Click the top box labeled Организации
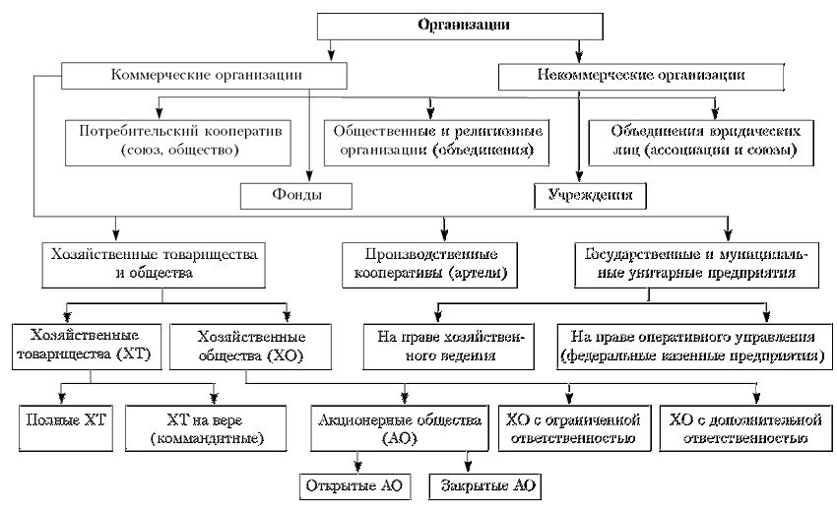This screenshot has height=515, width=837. point(460,26)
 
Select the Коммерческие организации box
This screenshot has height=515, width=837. point(204,75)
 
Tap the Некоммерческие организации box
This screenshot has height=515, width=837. point(641,77)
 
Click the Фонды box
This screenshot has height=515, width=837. point(296,196)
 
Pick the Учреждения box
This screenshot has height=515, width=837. point(590,196)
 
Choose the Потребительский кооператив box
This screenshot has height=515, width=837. point(178,143)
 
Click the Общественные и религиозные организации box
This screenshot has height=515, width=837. point(436,143)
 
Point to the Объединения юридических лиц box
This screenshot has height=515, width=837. point(701,143)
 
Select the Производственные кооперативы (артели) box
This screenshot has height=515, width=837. point(429,265)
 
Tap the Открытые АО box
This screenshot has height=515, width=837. point(354,486)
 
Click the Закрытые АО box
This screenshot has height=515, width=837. point(484,486)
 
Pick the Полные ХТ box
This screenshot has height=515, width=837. point(66,428)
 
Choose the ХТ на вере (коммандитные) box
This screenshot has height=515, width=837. point(206,428)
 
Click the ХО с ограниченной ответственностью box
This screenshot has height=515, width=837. point(574,428)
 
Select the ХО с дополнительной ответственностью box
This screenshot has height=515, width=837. point(745,428)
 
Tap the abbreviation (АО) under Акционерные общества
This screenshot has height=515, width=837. point(401,439)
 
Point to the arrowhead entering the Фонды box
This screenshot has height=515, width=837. point(309,177)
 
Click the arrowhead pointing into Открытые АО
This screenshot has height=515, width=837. point(357,468)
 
